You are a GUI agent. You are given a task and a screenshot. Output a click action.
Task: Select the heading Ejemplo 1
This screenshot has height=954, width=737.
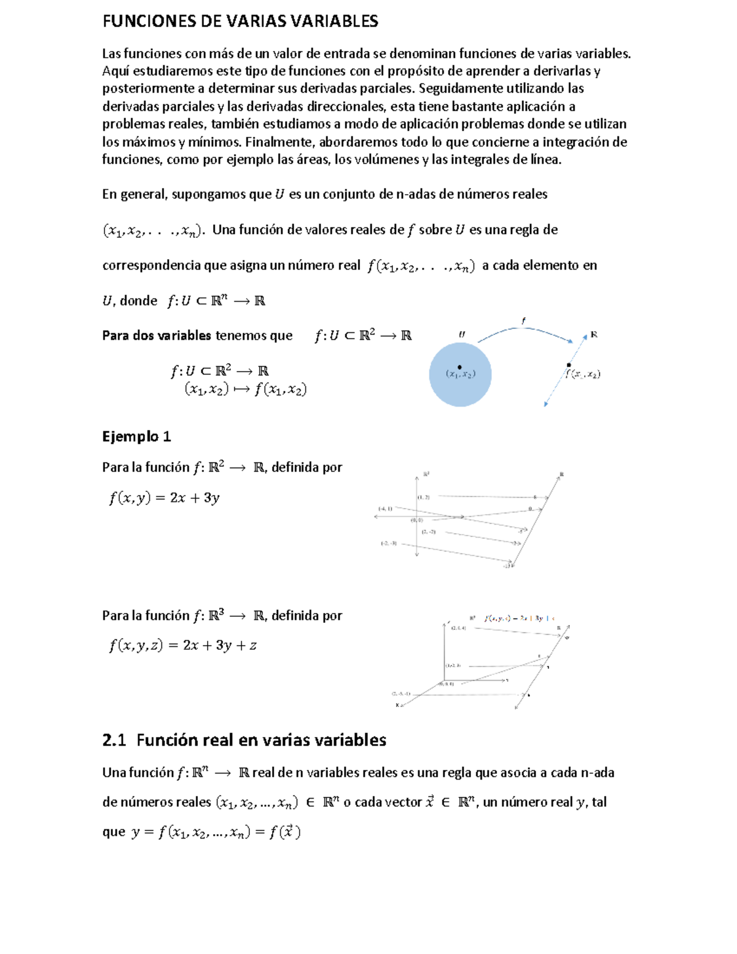136,437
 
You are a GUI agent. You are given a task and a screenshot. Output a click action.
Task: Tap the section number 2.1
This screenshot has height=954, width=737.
114,740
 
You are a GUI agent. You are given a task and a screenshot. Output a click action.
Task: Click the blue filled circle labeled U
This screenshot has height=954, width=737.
460,387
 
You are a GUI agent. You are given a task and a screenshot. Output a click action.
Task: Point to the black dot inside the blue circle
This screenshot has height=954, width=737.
459,367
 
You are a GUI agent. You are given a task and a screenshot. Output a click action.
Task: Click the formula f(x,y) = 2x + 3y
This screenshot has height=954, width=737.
164,498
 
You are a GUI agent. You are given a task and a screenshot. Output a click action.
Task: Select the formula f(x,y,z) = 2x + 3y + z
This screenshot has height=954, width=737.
182,646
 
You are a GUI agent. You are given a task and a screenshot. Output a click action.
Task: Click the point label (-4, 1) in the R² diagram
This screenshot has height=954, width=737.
385,509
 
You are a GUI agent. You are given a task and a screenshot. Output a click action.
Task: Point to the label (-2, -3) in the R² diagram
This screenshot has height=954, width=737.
388,543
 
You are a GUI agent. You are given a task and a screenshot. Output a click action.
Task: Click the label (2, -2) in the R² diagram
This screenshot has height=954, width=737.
428,531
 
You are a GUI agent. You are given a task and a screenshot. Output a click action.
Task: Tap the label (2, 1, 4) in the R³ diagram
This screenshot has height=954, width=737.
458,628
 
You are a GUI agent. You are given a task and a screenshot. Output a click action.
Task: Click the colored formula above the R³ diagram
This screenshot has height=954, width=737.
519,618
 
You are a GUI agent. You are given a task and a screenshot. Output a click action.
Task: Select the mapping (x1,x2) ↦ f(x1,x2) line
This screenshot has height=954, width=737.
246,389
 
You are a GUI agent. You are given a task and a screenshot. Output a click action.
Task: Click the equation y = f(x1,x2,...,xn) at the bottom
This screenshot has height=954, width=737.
216,832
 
